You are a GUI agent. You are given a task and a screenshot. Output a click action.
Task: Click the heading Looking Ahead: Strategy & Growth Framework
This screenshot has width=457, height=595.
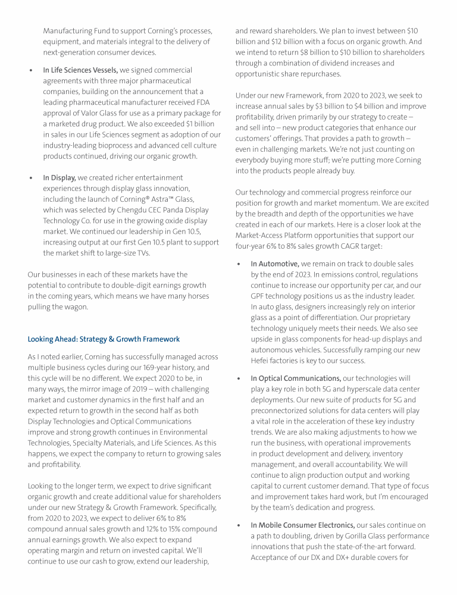pos(104,339)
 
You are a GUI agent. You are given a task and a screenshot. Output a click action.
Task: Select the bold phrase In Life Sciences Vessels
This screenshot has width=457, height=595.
pos(80,70)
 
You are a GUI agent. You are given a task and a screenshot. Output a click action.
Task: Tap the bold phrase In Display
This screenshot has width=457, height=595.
pos(59,177)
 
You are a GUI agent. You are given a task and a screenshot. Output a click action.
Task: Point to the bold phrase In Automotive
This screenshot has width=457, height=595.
pos(275,264)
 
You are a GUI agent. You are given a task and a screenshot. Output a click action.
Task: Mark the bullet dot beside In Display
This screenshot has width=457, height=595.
pos(31,178)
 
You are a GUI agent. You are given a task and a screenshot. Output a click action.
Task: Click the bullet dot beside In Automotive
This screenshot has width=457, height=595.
pos(239,264)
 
